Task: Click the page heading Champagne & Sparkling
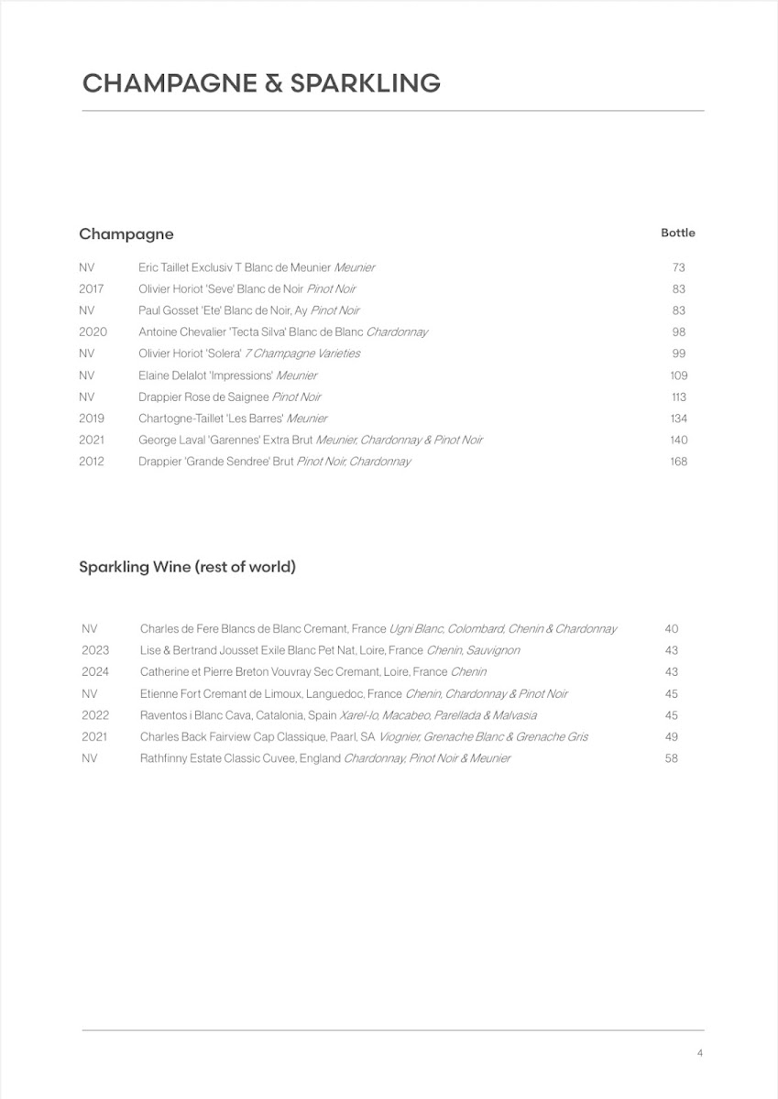coord(261,83)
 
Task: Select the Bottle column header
coord(678,233)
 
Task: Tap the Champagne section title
coord(126,234)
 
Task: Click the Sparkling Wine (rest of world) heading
coord(187,567)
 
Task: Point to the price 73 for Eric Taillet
coord(678,267)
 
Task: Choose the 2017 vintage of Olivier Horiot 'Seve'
coord(92,289)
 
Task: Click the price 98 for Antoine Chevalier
coord(678,332)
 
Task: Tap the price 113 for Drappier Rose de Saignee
coord(678,397)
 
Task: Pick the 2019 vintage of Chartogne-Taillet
coord(92,419)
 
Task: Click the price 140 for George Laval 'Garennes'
coord(678,441)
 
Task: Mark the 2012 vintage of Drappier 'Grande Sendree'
coord(92,462)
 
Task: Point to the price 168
coord(678,462)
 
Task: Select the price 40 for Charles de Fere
coord(672,629)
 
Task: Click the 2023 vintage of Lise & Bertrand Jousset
coord(95,650)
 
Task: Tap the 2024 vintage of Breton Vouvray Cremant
coord(95,672)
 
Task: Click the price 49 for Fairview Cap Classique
coord(672,737)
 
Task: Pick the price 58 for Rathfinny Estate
coord(672,758)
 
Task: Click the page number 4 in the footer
coord(700,1053)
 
